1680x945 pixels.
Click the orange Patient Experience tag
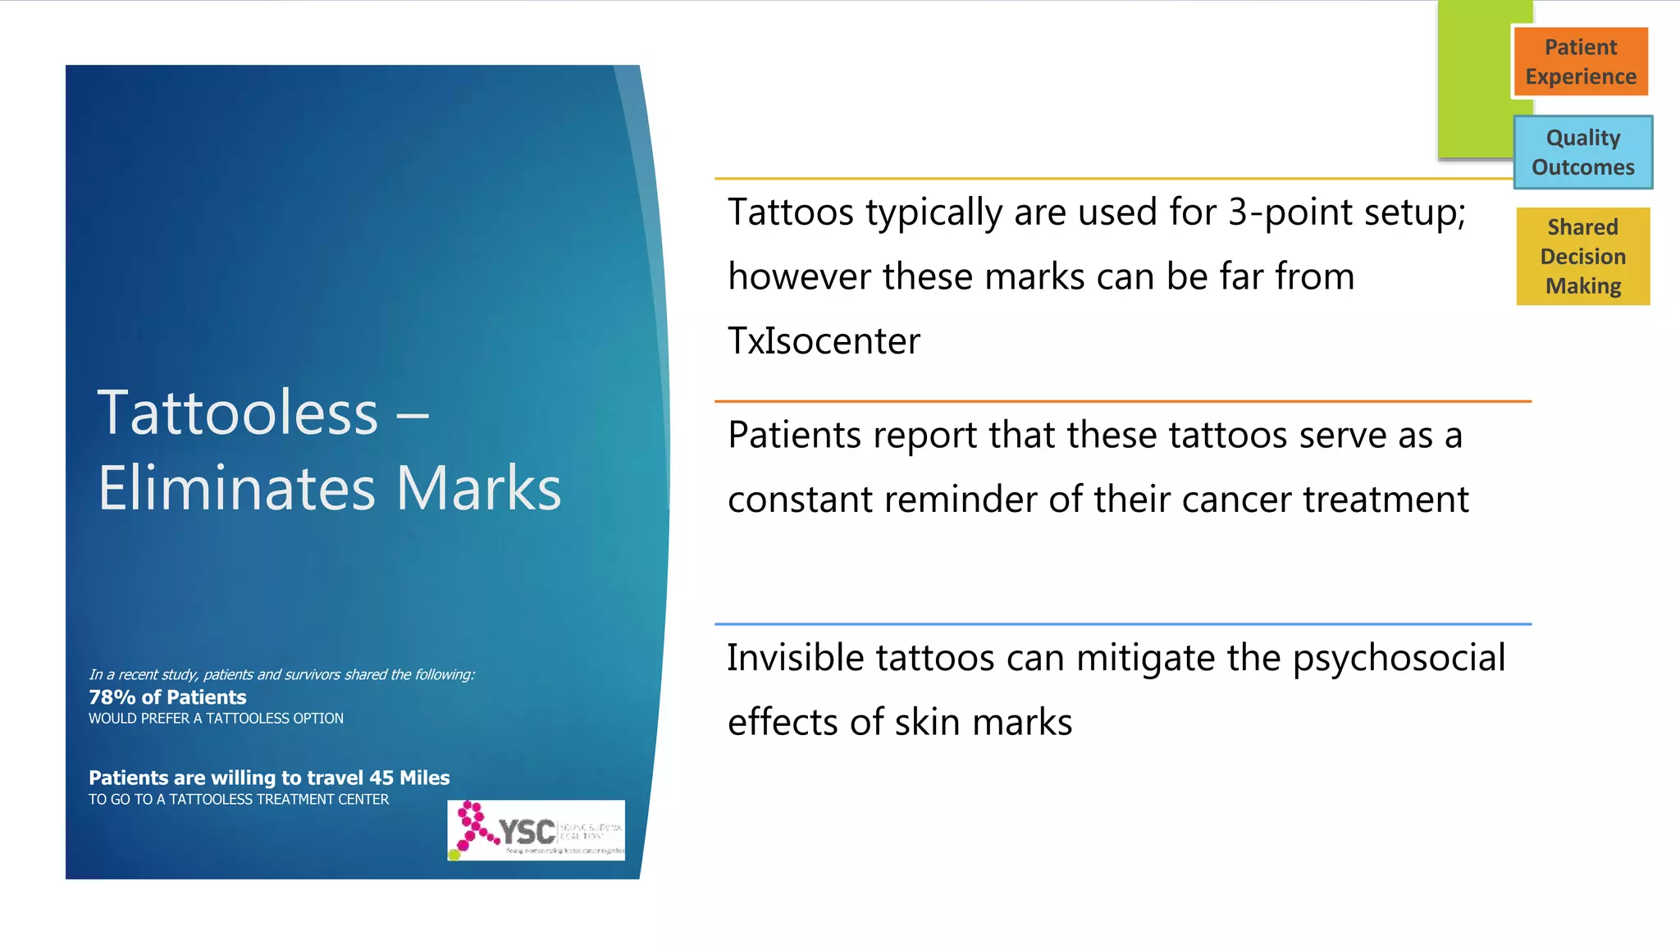click(1580, 62)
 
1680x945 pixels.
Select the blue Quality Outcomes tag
click(1582, 153)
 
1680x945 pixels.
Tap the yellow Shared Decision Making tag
click(1582, 256)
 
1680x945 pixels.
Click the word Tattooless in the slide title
click(238, 413)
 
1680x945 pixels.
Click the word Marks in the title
click(479, 488)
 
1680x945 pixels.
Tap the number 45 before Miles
click(381, 778)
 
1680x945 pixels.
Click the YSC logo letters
click(527, 832)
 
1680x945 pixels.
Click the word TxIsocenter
click(824, 340)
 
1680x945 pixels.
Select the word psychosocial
click(1399, 659)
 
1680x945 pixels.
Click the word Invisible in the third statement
click(795, 658)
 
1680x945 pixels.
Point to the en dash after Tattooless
click(413, 414)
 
